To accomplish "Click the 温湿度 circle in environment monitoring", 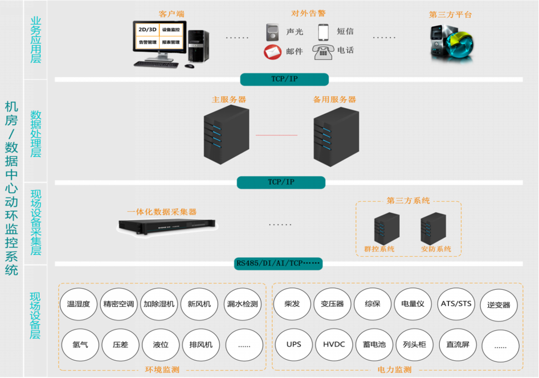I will (79, 304).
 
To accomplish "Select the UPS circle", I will (293, 345).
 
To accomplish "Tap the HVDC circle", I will (334, 345).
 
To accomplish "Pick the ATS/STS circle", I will (456, 303).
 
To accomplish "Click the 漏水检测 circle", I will (242, 304).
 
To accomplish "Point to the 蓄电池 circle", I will (374, 345).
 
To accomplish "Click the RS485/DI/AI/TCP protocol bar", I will (279, 264).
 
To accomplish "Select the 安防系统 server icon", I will (433, 228).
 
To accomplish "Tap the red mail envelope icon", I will (273, 52).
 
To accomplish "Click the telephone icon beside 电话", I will (324, 52).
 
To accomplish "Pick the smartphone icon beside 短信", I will (324, 31).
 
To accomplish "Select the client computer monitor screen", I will (159, 36).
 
